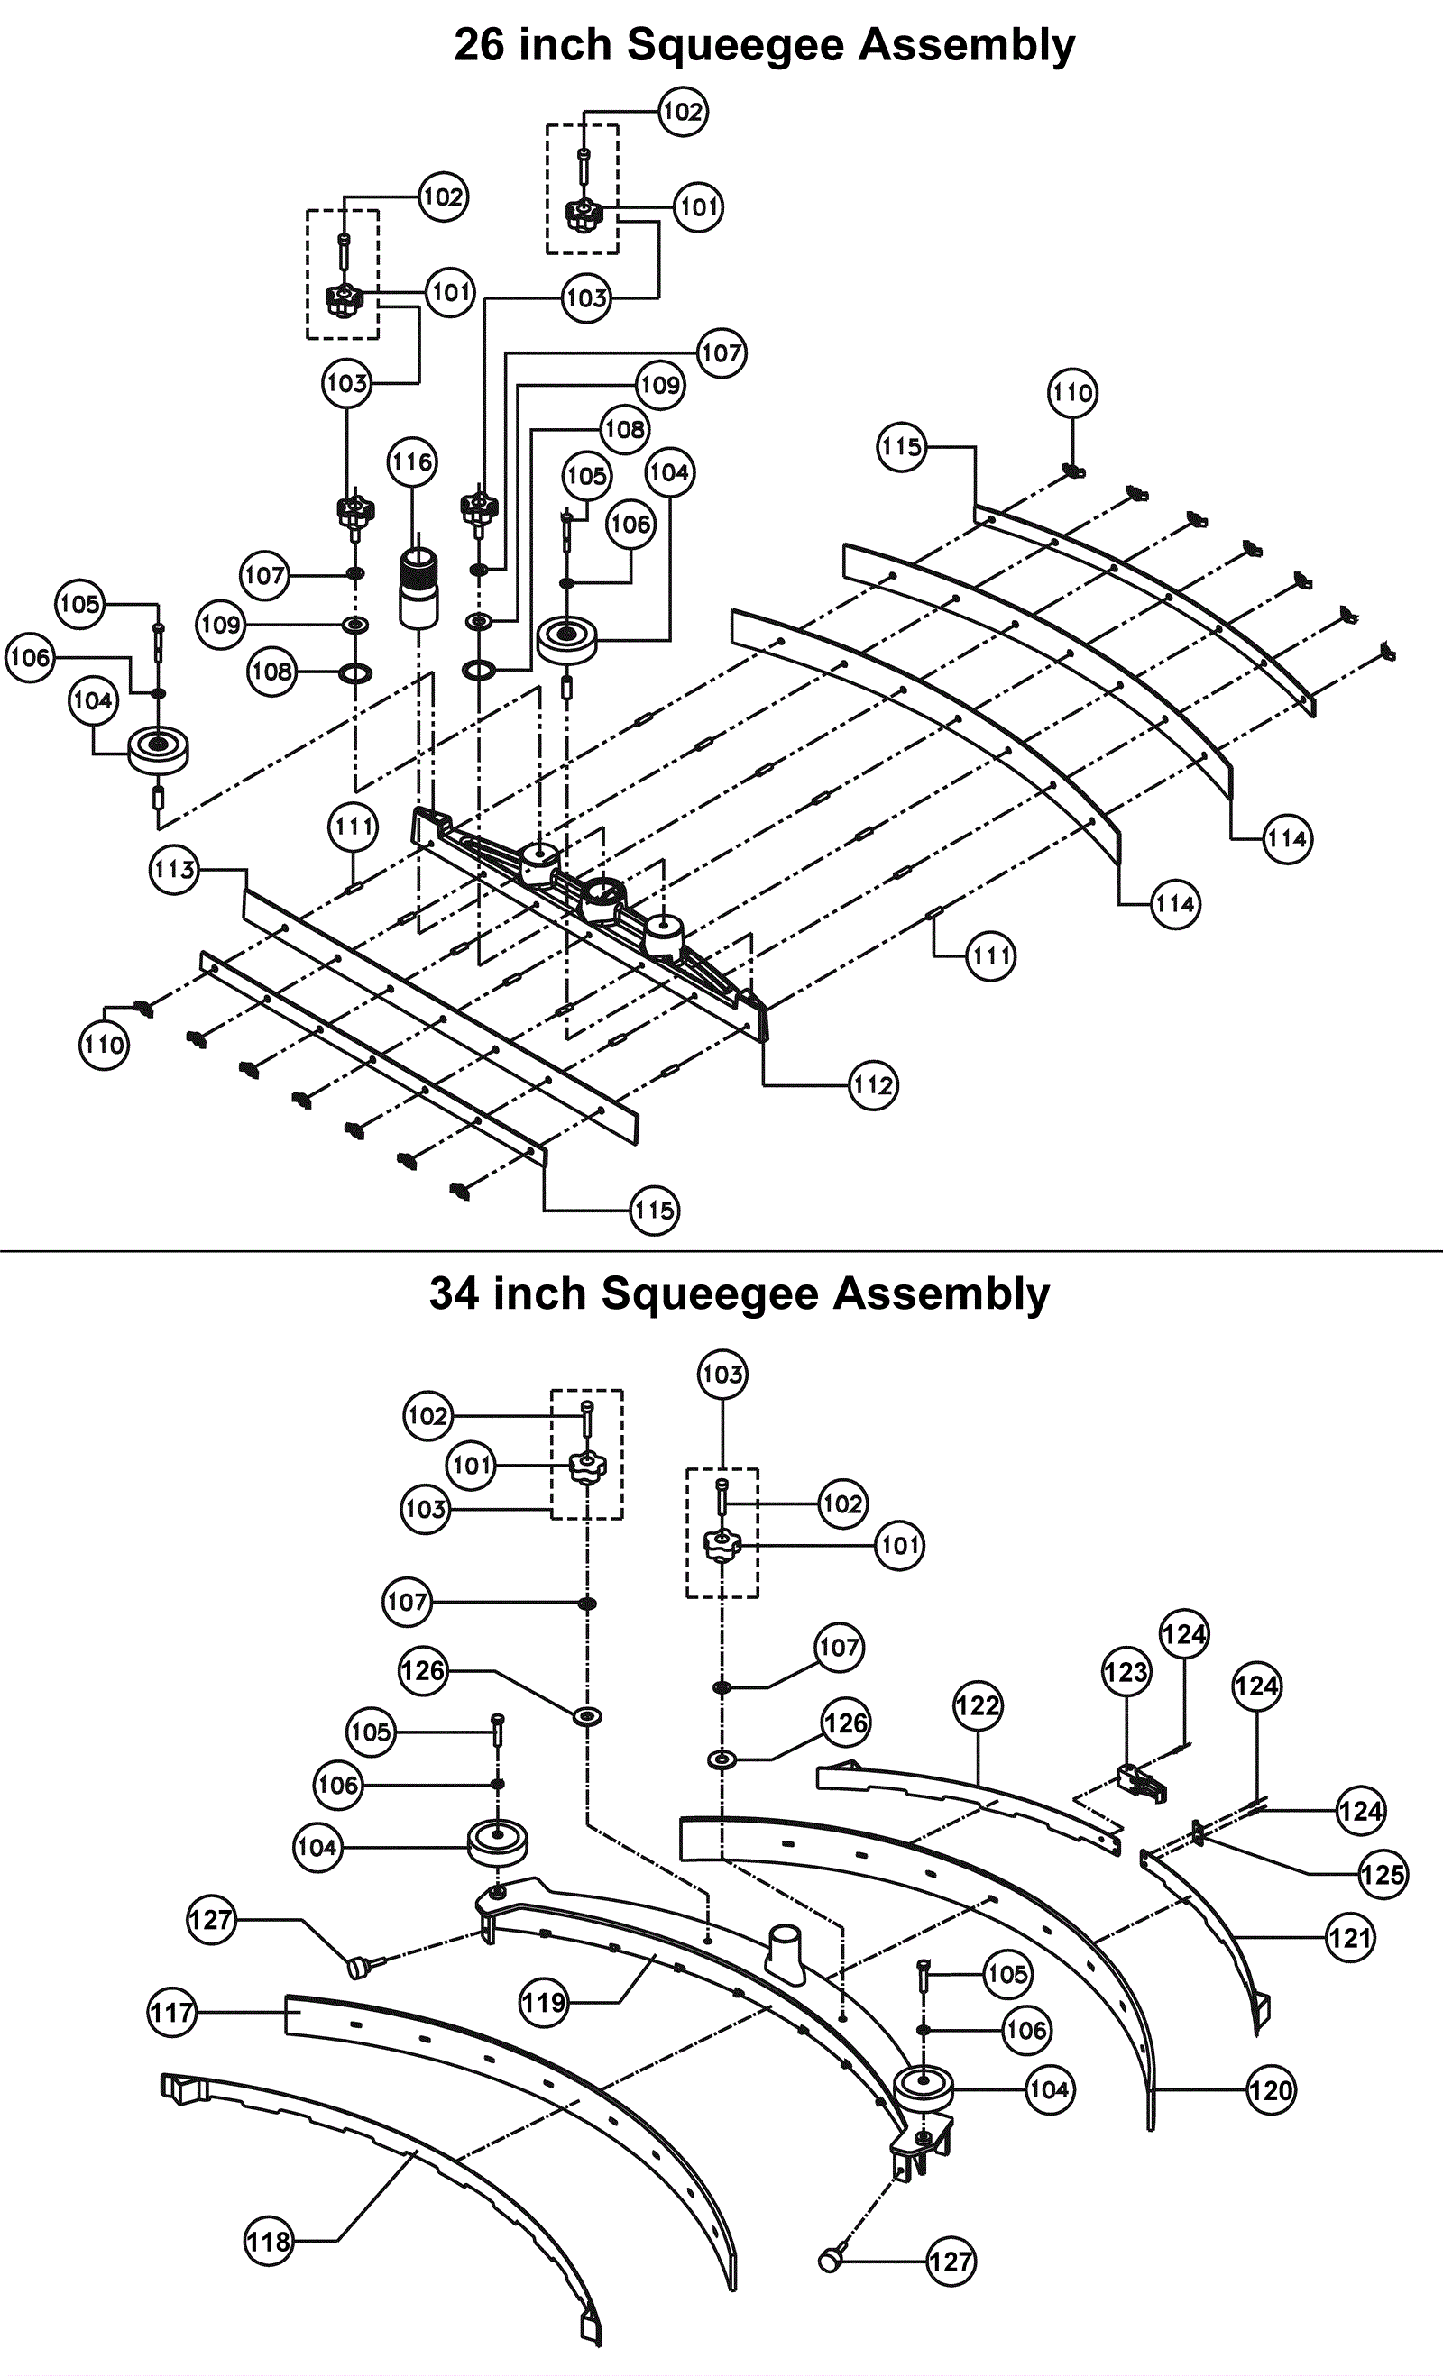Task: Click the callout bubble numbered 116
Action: pyautogui.click(x=412, y=461)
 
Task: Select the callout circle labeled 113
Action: pyautogui.click(x=175, y=870)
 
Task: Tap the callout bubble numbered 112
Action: pyautogui.click(x=873, y=1086)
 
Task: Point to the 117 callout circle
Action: pyautogui.click(x=171, y=2013)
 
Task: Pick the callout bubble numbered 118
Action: pyautogui.click(x=268, y=2241)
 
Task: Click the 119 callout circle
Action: pyautogui.click(x=544, y=2003)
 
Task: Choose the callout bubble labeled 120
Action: pyautogui.click(x=1271, y=2090)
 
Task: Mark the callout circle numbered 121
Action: pyautogui.click(x=1349, y=1937)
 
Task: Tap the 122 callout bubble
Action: pyautogui.click(x=978, y=1705)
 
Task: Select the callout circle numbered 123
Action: pyautogui.click(x=1126, y=1671)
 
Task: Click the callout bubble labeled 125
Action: pyautogui.click(x=1383, y=1875)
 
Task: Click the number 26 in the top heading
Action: pyautogui.click(x=484, y=45)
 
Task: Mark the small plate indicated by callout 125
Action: pyautogui.click(x=1198, y=1833)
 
